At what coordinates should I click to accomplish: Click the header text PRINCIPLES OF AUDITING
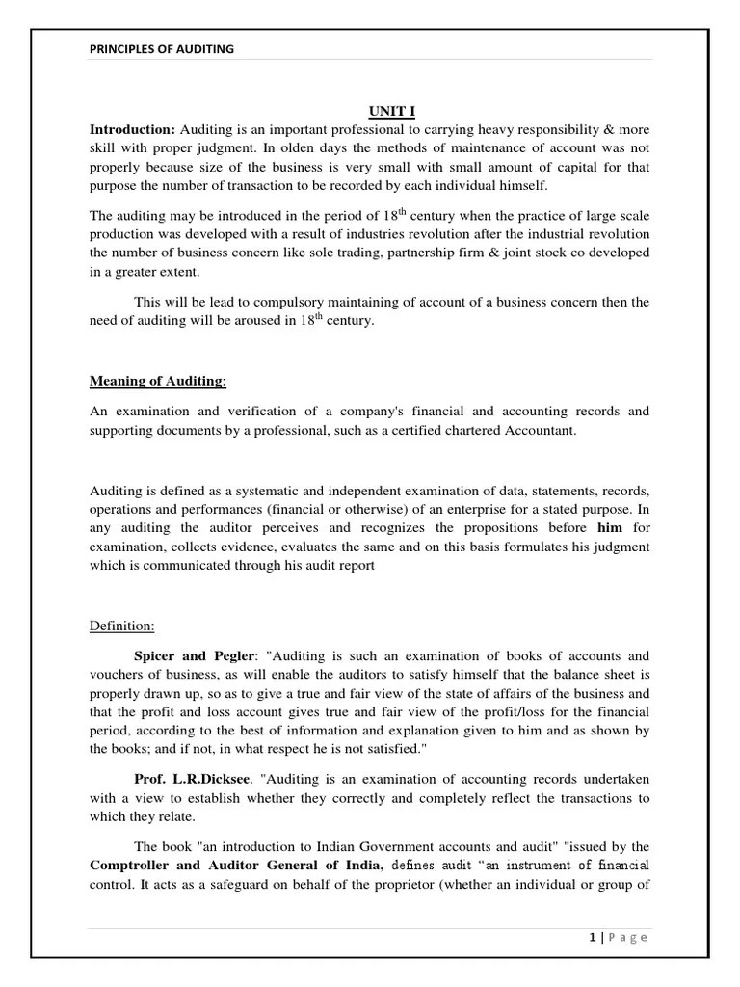tap(161, 49)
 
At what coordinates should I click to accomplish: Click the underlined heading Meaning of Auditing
tap(157, 381)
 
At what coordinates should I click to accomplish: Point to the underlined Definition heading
tap(122, 627)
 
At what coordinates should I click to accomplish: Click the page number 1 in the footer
tap(589, 937)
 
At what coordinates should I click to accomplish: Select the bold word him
tap(610, 528)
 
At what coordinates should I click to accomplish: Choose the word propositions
tap(509, 528)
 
